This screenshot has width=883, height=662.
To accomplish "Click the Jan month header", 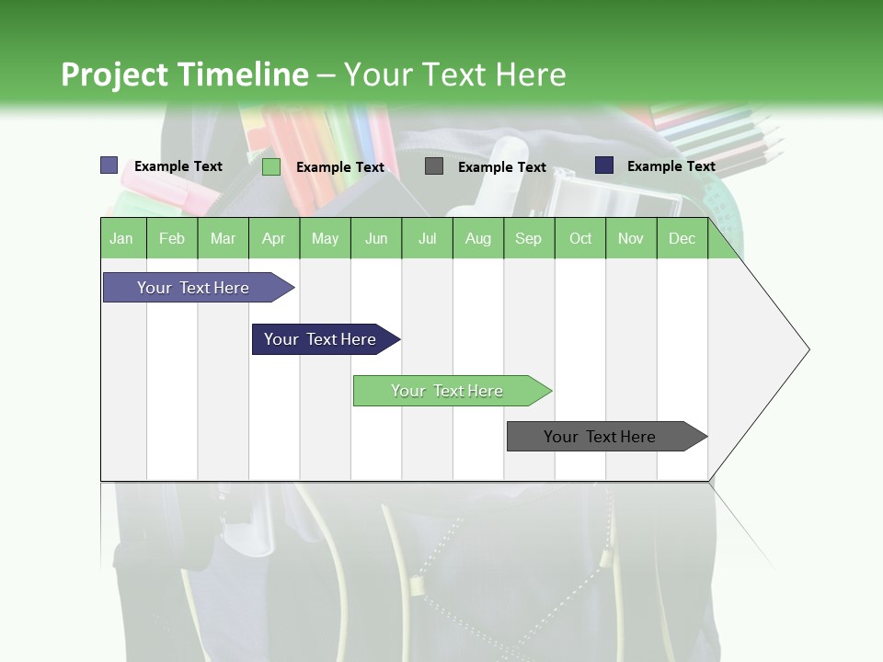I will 121,239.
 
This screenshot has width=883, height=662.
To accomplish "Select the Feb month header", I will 172,239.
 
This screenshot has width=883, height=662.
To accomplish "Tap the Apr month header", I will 274,239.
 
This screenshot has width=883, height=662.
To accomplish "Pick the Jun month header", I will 376,239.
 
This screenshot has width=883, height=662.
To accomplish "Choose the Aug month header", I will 477,239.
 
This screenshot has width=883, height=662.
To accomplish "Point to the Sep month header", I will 528,239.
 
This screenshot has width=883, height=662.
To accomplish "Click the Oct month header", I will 580,239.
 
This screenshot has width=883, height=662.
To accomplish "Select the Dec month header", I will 682,239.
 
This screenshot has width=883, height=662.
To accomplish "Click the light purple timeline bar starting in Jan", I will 194,288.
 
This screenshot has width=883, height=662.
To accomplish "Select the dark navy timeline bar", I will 321,339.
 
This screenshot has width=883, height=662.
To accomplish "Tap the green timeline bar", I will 448,391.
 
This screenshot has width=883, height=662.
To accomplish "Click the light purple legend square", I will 109,165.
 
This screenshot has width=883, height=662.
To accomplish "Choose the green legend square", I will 270,166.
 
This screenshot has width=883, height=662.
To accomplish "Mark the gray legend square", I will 434,166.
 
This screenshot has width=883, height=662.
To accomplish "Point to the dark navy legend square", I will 604,165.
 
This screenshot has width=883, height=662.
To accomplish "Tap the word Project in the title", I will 115,74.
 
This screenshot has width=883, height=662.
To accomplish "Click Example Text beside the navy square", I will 671,166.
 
